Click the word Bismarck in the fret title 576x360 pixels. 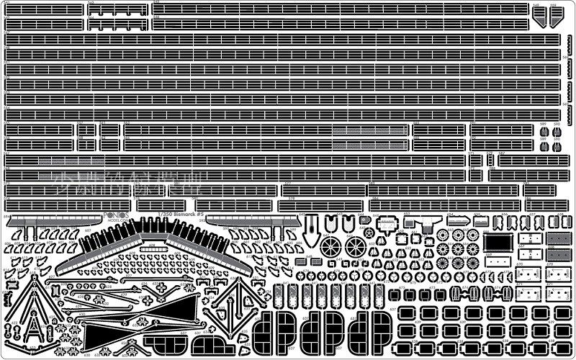coord(176,215)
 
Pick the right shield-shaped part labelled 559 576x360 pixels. coord(554,18)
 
